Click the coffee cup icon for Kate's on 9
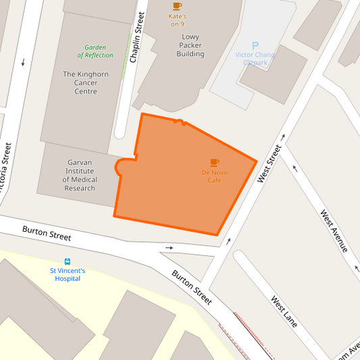[x=178, y=6]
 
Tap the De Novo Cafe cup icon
[x=214, y=162]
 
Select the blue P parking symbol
[x=255, y=45]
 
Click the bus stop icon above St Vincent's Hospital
[x=68, y=261]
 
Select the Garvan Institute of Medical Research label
[x=80, y=175]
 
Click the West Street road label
[x=269, y=163]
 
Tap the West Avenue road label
[x=334, y=231]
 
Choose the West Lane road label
[x=284, y=311]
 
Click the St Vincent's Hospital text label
[x=68, y=274]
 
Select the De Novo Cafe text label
[x=214, y=176]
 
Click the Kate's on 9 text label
[x=177, y=20]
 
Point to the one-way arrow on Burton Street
[x=169, y=247]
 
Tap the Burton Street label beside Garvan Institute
[x=47, y=233]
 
